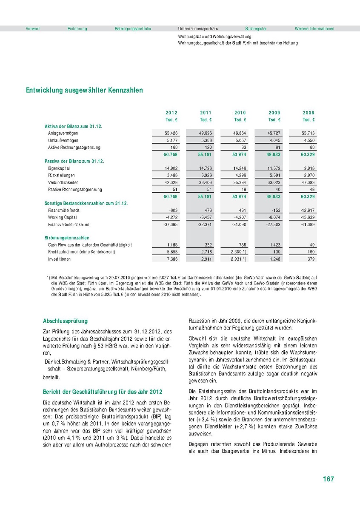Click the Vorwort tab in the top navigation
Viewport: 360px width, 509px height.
pyautogui.click(x=33, y=28)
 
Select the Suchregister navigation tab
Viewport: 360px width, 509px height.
pyautogui.click(x=256, y=28)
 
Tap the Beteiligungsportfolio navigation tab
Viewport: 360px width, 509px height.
pyautogui.click(x=133, y=28)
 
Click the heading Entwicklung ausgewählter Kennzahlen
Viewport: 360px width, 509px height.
pyautogui.click(x=84, y=90)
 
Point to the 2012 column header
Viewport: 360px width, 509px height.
pyautogui.click(x=171, y=113)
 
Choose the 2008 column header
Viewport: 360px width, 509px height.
pyautogui.click(x=309, y=113)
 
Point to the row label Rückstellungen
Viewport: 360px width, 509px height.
pyautogui.click(x=61, y=175)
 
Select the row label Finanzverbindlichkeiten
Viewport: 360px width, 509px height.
pyautogui.click(x=68, y=224)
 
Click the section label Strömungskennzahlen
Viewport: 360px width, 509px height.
pyautogui.click(x=67, y=238)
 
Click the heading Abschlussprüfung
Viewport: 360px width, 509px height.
pyautogui.click(x=66, y=321)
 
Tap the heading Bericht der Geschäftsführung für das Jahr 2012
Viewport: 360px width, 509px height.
pyautogui.click(x=103, y=391)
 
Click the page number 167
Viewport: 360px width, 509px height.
pyautogui.click(x=328, y=479)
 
